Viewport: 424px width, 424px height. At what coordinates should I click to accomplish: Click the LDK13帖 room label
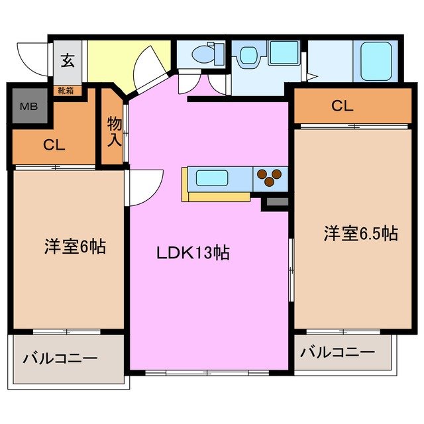193,253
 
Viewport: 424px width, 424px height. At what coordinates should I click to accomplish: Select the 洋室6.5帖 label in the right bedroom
360,233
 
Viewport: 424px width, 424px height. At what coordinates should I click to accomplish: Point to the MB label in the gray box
28,107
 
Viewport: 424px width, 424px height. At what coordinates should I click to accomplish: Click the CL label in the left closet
54,146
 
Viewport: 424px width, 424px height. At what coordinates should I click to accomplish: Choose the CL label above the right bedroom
342,105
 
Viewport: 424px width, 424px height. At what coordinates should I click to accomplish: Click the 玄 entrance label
68,61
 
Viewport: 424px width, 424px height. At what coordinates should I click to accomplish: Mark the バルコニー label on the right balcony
337,352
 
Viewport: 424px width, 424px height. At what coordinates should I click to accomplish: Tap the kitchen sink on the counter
212,178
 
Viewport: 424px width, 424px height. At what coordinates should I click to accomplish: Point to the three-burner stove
269,177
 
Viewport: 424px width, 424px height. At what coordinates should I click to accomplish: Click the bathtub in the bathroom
376,60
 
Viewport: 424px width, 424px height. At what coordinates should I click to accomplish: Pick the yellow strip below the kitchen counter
217,197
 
